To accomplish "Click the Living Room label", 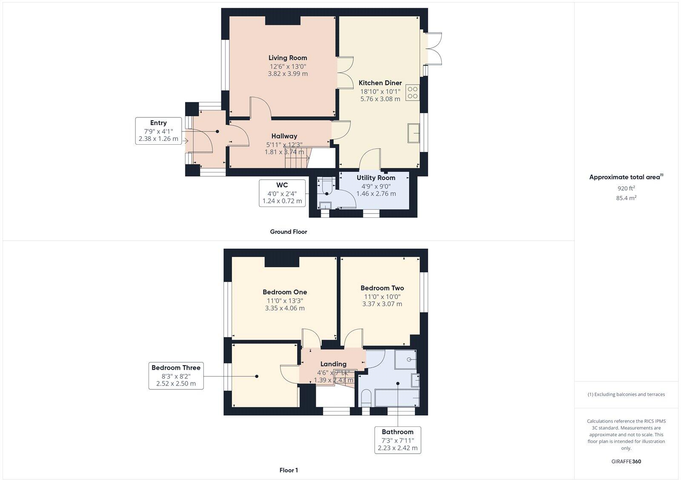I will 288,58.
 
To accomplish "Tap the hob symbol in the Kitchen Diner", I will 412,92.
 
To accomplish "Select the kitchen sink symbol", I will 413,133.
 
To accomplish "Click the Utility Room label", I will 376,178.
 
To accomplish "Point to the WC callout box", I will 282,193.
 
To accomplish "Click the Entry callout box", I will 158,131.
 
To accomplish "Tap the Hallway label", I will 284,136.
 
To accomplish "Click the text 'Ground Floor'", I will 288,232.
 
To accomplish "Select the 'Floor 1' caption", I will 289,470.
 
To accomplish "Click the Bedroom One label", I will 285,292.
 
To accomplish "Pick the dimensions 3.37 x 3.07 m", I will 382,304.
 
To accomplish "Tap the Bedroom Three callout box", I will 176,375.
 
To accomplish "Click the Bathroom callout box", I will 398,440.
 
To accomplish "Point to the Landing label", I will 333,364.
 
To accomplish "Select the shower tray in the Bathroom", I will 405,360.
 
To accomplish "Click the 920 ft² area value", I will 626,188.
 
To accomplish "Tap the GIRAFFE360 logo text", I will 626,461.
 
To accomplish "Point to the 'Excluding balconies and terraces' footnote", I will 626,394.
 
